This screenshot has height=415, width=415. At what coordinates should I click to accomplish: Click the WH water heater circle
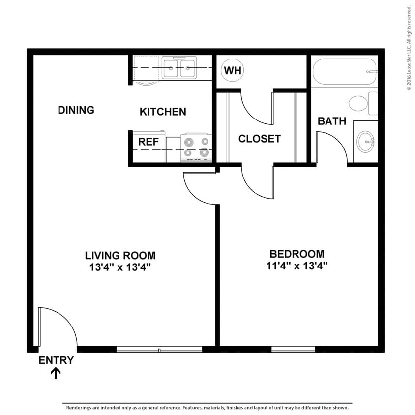tap(233, 70)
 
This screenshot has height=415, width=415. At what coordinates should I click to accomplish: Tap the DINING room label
tap(76, 110)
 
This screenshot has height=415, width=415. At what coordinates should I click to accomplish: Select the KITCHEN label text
tap(163, 112)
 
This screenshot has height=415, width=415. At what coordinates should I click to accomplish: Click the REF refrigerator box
tap(148, 142)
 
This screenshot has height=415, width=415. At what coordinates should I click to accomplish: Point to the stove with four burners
tap(196, 148)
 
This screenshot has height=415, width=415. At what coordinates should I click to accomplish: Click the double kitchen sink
tap(179, 68)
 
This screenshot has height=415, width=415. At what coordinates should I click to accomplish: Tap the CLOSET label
tap(259, 139)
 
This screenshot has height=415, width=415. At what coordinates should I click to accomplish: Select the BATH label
tap(331, 121)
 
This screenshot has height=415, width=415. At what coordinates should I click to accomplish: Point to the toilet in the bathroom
tap(361, 103)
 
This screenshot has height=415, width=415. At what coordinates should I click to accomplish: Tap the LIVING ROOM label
tap(120, 256)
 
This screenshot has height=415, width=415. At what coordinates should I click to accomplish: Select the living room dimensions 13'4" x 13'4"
tap(120, 267)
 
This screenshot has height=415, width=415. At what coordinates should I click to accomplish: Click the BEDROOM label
tap(296, 254)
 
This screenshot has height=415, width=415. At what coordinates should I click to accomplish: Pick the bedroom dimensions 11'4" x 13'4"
tap(296, 266)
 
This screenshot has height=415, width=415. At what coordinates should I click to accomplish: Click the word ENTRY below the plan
tap(56, 360)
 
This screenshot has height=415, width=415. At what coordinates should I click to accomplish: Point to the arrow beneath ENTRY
tap(56, 373)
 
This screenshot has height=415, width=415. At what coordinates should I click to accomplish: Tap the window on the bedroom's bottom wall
tap(293, 349)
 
